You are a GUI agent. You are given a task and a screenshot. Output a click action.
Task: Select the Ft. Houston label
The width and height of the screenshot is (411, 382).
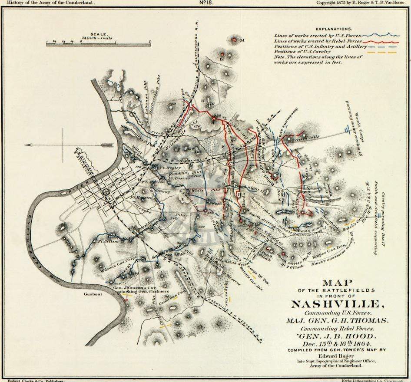(x=139, y=198)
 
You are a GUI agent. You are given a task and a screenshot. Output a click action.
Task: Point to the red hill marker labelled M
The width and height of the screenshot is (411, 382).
(x=235, y=40)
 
